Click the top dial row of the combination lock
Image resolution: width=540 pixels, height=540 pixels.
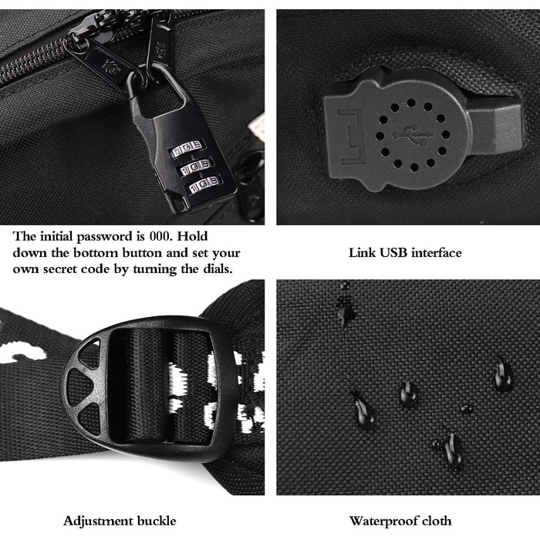tap(186, 148)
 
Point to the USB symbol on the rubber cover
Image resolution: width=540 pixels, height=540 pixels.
tap(413, 136)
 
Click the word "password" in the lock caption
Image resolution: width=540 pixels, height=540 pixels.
tap(104, 237)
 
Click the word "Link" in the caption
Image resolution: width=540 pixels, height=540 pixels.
tap(362, 253)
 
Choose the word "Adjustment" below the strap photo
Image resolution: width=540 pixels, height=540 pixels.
tap(97, 521)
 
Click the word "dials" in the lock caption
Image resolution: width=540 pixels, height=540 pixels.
tap(218, 268)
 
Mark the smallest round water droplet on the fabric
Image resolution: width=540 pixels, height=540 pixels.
tap(466, 408)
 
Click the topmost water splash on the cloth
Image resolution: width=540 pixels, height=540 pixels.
tap(345, 303)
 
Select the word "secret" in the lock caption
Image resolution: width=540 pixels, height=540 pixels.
tap(60, 269)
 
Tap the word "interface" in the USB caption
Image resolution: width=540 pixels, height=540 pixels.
tap(437, 253)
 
